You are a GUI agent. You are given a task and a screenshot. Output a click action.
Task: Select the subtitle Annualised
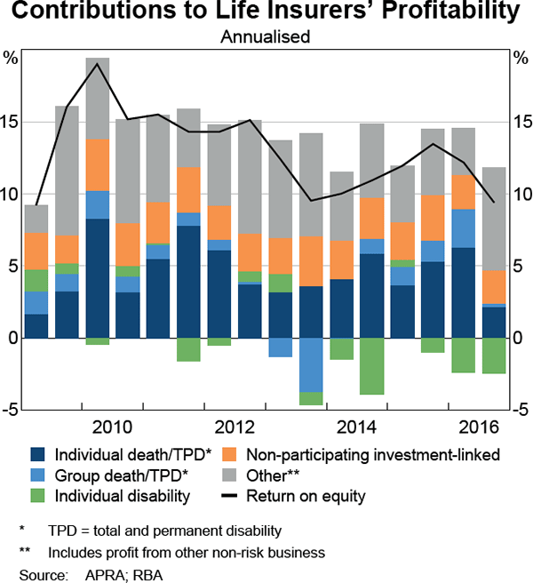pyautogui.click(x=266, y=38)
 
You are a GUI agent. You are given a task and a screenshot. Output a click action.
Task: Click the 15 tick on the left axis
pyautogui.click(x=12, y=122)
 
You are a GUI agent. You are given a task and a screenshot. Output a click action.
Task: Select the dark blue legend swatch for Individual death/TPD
pyautogui.click(x=37, y=455)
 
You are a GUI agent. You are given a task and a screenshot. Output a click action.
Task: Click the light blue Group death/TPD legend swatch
pyautogui.click(x=37, y=475)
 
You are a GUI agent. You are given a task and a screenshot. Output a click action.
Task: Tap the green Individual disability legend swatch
pyautogui.click(x=37, y=494)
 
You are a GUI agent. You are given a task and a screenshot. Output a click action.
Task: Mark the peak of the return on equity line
pyautogui.click(x=97, y=63)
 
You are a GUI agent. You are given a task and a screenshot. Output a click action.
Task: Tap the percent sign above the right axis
pyautogui.click(x=520, y=58)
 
